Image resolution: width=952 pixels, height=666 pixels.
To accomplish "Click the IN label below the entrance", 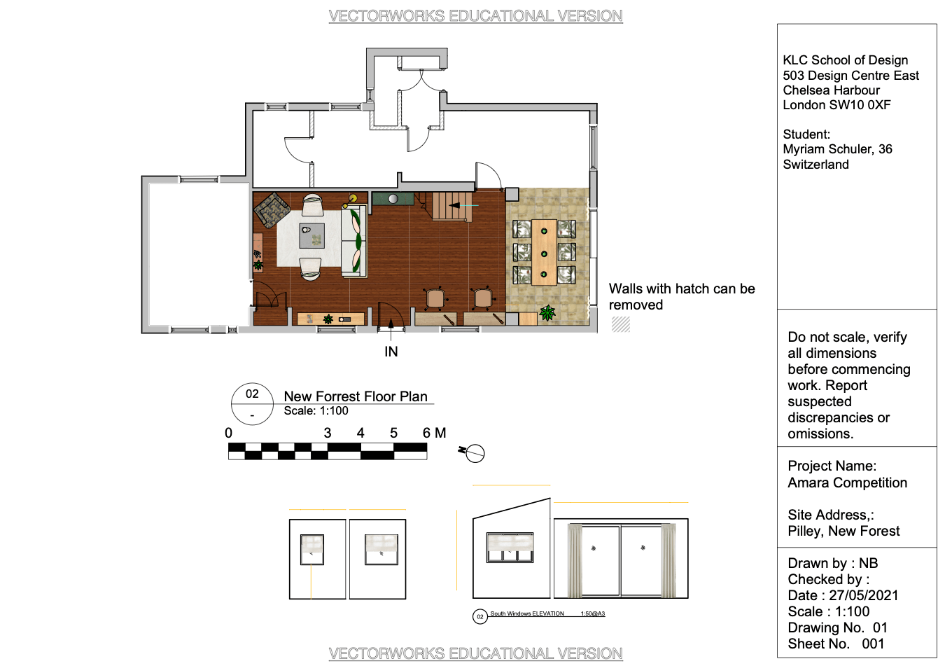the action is point(391,352).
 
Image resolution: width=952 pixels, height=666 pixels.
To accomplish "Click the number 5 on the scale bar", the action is point(393,433).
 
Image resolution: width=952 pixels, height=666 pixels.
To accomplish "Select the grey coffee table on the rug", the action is point(311,235).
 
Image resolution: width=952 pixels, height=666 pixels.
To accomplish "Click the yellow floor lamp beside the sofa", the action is point(352,199).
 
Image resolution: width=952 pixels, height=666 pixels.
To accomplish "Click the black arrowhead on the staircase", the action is point(454,205).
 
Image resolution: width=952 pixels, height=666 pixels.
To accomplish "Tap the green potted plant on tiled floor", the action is point(547,312).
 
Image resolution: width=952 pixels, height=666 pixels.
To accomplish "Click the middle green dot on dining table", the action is point(544,254).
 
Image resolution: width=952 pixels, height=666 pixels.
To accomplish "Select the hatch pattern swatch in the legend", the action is point(620,324).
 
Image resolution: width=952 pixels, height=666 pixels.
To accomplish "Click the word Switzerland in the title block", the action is point(815,164).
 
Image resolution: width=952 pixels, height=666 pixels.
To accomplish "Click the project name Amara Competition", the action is point(847,483).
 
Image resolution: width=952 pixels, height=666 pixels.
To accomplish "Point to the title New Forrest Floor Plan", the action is point(356,396).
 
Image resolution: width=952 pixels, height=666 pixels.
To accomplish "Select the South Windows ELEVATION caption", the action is point(527,613).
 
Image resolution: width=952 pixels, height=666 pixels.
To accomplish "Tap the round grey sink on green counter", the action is point(393,199).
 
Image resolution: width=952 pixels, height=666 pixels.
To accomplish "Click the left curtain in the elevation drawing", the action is point(575,560).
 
